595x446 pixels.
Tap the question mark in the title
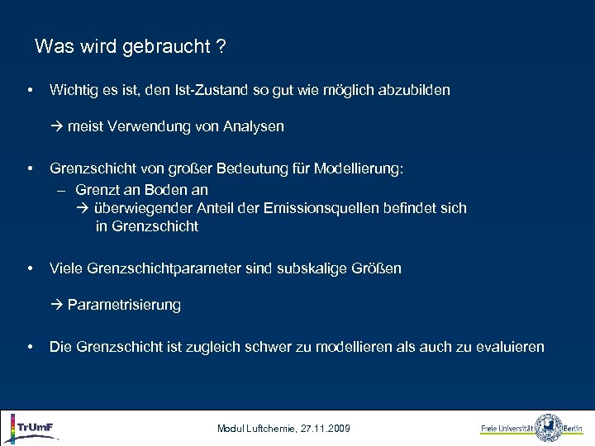point(221,47)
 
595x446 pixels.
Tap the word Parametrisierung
point(124,306)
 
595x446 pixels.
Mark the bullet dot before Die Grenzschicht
point(30,347)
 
